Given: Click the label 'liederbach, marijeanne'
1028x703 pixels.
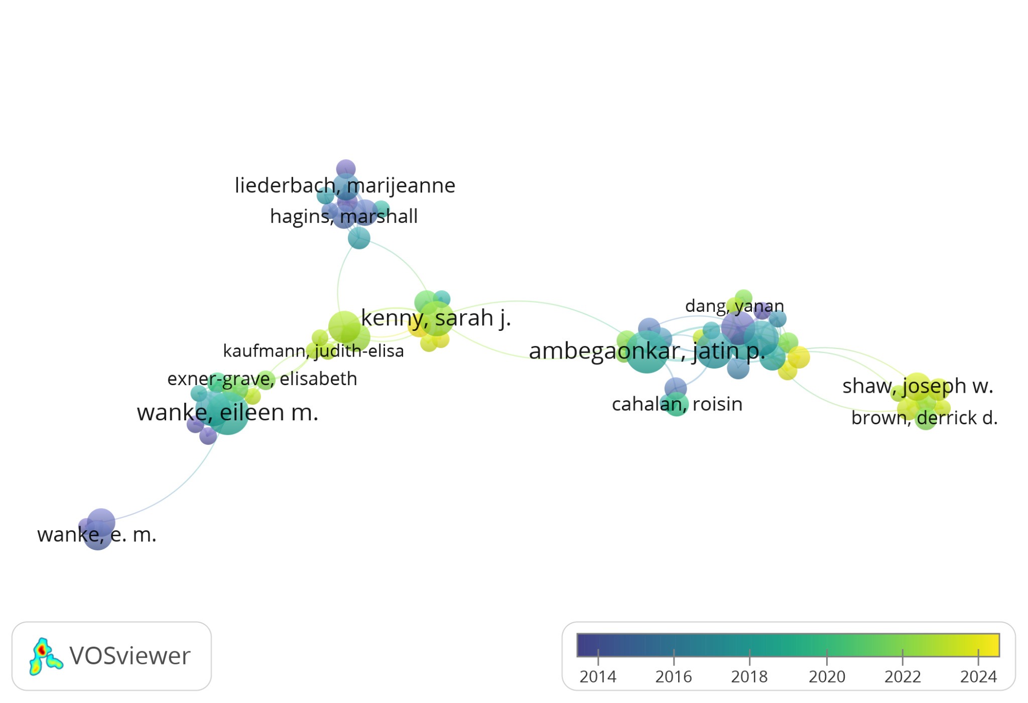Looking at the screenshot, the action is (x=345, y=186).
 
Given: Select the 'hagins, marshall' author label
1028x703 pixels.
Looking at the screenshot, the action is (x=344, y=216).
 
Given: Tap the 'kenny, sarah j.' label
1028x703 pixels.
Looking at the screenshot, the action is (x=436, y=318).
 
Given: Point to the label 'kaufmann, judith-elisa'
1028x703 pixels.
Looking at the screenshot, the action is (x=313, y=350).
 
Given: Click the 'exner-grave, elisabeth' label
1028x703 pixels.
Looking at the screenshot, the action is (x=262, y=379).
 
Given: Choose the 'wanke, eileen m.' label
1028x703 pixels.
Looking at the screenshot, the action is (x=227, y=412).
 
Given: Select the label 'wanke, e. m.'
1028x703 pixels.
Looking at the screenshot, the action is (x=97, y=535).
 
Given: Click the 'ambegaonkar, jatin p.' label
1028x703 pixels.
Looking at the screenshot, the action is (x=647, y=350).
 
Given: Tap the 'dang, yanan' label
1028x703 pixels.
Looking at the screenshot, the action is (x=734, y=306).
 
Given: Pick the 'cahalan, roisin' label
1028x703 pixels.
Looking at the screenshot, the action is (x=677, y=404).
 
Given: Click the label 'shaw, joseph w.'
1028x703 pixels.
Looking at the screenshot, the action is (x=918, y=386).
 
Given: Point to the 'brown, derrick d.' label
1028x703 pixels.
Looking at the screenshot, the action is (x=925, y=418).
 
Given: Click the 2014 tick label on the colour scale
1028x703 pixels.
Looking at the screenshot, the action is (x=598, y=677).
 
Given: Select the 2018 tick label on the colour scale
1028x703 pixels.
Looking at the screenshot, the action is (x=749, y=677).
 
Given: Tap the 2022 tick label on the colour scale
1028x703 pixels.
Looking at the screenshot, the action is (x=903, y=677).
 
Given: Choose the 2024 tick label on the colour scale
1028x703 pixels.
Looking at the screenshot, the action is (x=978, y=677).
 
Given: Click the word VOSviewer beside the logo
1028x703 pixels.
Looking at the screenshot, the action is (x=130, y=656).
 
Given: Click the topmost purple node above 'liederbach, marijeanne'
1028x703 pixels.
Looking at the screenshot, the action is (x=346, y=169).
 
